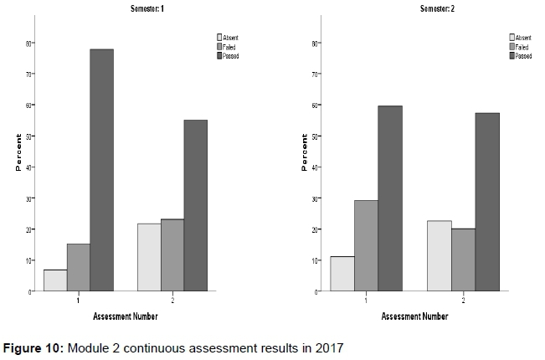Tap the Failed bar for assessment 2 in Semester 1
click(x=172, y=255)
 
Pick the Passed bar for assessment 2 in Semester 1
click(x=195, y=205)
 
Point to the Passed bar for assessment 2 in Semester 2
click(x=487, y=202)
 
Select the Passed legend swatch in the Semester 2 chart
click(x=512, y=56)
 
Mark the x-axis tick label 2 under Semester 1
click(x=172, y=299)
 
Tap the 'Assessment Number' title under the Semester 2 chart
click(x=415, y=316)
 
